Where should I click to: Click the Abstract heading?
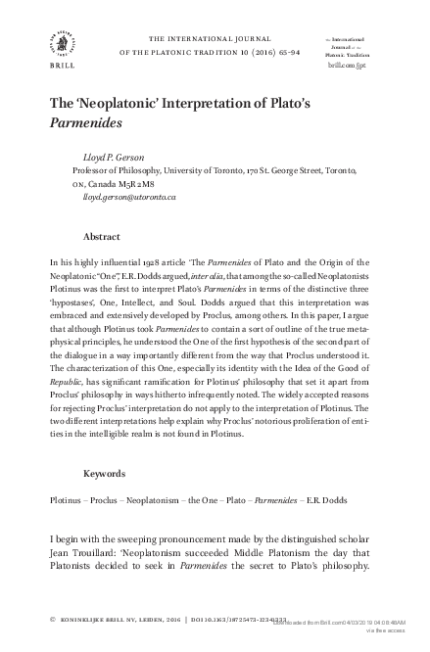pos(102,237)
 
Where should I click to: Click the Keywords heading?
pos(105,473)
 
